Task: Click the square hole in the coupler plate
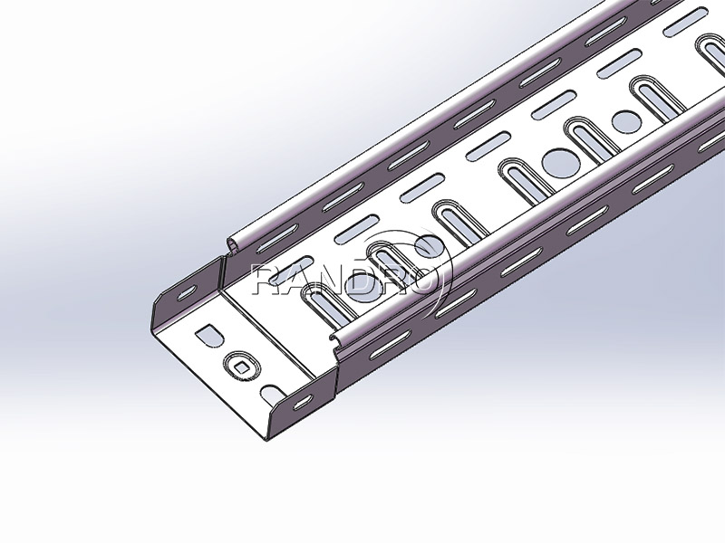242,363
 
